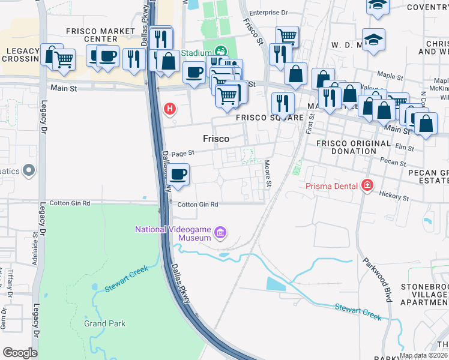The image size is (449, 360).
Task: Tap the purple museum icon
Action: point(220,232)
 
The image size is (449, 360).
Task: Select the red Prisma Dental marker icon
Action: point(366,185)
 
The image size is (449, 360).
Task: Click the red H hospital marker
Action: point(170,109)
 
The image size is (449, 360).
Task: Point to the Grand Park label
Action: point(104,323)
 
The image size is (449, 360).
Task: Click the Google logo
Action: point(20,353)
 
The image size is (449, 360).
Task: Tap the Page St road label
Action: point(183,154)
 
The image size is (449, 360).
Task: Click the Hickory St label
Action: point(394,196)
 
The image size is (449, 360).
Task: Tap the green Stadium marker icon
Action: point(221,52)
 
